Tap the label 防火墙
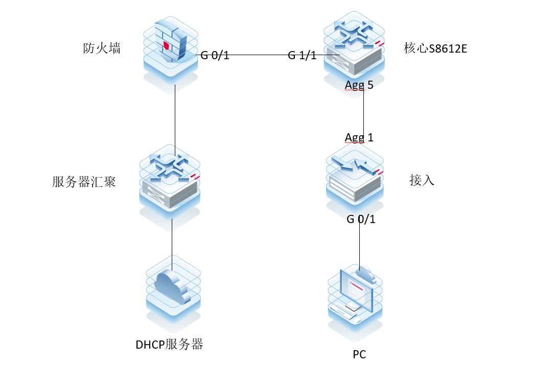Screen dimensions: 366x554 (102, 48)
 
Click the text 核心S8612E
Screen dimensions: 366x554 (435, 49)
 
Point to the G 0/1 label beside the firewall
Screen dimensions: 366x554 (215, 55)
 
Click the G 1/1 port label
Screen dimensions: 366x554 (302, 55)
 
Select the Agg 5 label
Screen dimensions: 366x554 (359, 85)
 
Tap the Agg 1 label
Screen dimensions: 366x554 (359, 137)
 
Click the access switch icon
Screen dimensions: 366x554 (355, 176)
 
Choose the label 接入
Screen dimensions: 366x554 (422, 180)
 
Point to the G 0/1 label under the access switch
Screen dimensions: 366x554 (361, 219)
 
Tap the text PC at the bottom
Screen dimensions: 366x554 (359, 354)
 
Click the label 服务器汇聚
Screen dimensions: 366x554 (84, 182)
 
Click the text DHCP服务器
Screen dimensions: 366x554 (169, 345)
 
